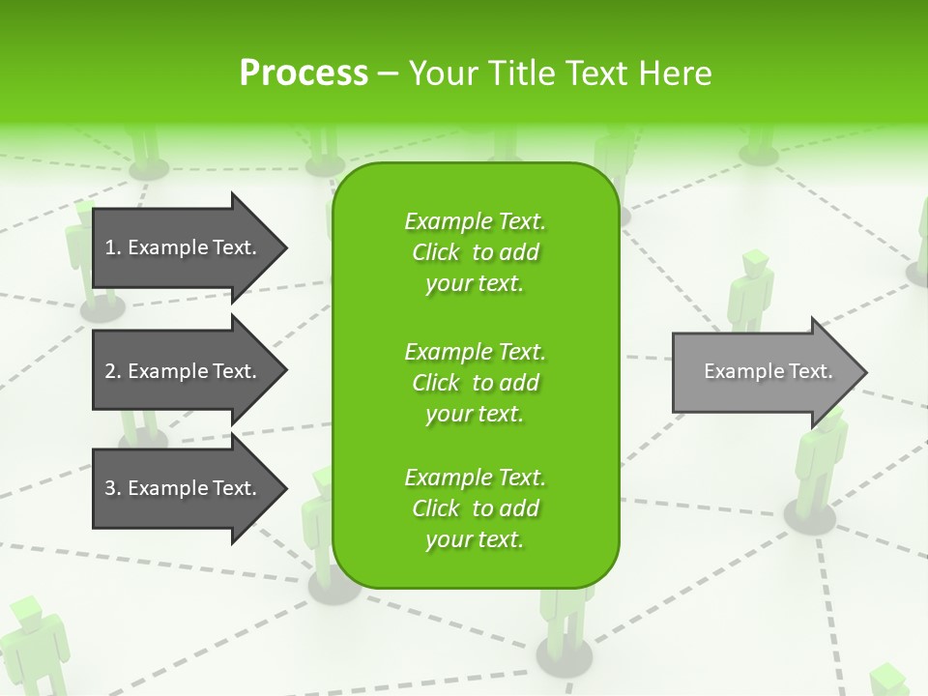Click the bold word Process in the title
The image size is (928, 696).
point(304,73)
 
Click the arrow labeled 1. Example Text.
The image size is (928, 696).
point(184,247)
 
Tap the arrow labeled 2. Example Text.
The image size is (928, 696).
point(184,371)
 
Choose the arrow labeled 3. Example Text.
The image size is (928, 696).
point(184,488)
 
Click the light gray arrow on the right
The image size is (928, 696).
point(764,372)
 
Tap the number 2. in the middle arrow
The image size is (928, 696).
point(113,371)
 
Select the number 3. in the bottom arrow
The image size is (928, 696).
point(113,488)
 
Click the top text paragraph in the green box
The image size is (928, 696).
point(475,252)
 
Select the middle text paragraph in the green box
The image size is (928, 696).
point(475,382)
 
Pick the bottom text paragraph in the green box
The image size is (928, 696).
point(475,508)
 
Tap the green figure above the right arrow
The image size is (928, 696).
point(751,290)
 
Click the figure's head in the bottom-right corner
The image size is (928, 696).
point(885,679)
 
